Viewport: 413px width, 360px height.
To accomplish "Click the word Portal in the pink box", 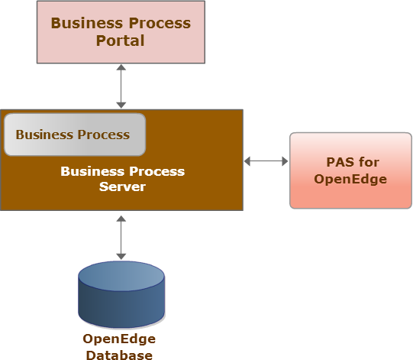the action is pyautogui.click(x=120, y=41).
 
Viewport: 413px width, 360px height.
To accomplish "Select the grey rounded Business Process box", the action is pyautogui.click(x=75, y=135).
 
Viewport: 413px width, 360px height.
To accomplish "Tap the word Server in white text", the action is pyautogui.click(x=122, y=186).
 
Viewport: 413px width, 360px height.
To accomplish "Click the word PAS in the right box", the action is pyautogui.click(x=338, y=162).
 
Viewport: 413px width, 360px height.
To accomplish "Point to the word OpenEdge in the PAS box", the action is pyautogui.click(x=350, y=180).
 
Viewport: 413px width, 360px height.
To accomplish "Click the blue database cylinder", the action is pyautogui.click(x=121, y=294).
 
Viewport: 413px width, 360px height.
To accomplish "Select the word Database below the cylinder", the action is pyautogui.click(x=119, y=355).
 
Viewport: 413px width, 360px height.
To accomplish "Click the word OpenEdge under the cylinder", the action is pyautogui.click(x=119, y=339).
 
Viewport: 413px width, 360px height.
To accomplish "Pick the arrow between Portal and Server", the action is pyautogui.click(x=121, y=86).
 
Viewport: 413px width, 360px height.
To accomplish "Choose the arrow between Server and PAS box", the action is pyautogui.click(x=266, y=161).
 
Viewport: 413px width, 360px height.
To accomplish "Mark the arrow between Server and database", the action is pyautogui.click(x=121, y=238).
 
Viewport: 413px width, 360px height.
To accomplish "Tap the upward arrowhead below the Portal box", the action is pyautogui.click(x=121, y=67).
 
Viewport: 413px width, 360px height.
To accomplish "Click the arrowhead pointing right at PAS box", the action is pyautogui.click(x=285, y=161).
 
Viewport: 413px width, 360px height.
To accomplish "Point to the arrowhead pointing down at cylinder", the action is pyautogui.click(x=121, y=257).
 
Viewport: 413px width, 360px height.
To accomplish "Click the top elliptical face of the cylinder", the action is pyautogui.click(x=121, y=276).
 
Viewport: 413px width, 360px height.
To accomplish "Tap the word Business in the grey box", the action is pyautogui.click(x=44, y=135).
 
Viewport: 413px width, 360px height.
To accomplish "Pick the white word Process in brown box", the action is pyautogui.click(x=157, y=171).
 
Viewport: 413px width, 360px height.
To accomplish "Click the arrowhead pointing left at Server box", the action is pyautogui.click(x=247, y=161).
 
